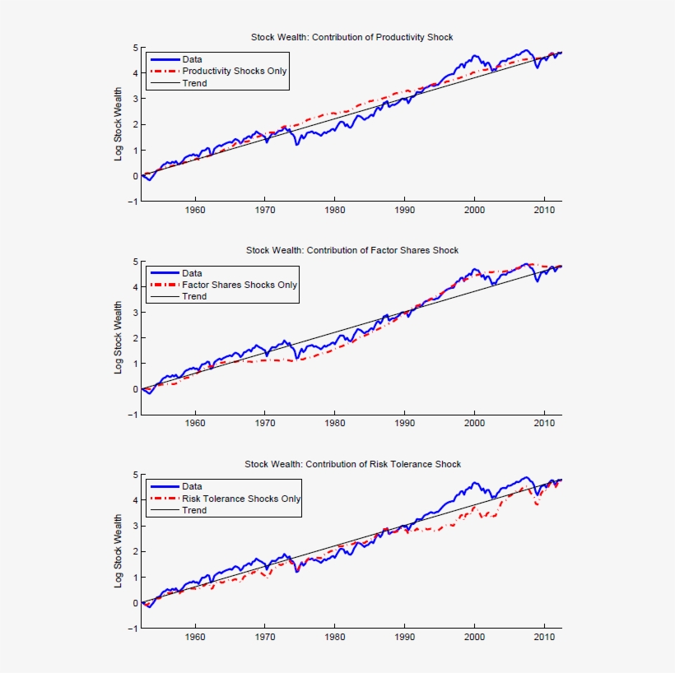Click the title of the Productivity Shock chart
[351, 37]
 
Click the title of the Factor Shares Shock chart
[351, 250]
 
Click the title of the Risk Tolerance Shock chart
[352, 464]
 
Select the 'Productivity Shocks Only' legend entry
[235, 71]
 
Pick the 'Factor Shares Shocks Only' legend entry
[240, 285]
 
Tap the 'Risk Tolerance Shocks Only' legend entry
[241, 499]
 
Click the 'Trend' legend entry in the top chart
[194, 82]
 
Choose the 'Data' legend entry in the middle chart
[192, 273]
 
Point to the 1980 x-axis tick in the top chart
[334, 210]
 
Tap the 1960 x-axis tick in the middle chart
[195, 423]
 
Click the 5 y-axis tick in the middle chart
[135, 262]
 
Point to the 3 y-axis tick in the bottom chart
[135, 526]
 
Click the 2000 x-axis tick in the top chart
[474, 210]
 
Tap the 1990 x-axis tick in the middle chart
[404, 423]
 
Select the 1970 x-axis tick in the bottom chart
[265, 637]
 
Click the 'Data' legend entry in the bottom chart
[192, 486]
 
